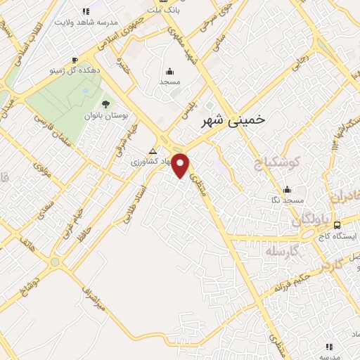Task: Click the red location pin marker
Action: pyautogui.click(x=181, y=165)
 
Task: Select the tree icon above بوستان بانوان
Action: pyautogui.click(x=105, y=104)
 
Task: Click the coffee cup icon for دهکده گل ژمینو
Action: pyautogui.click(x=76, y=60)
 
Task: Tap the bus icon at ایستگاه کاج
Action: pyautogui.click(x=337, y=225)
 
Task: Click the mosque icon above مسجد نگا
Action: pyautogui.click(x=287, y=189)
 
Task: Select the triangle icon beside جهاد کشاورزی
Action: pyautogui.click(x=153, y=151)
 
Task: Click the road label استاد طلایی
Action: pyautogui.click(x=134, y=204)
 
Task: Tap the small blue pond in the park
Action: pyautogui.click(x=85, y=91)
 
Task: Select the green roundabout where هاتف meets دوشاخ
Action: pyautogui.click(x=55, y=262)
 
